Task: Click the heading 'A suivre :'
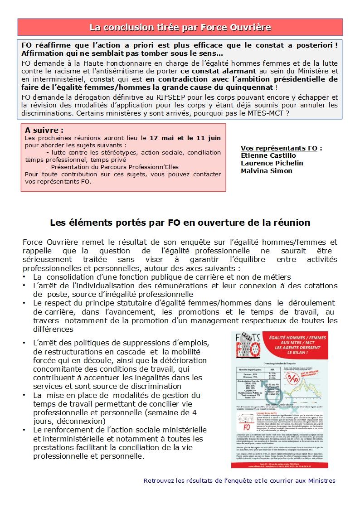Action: [44, 130]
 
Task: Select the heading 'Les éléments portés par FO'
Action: [180, 223]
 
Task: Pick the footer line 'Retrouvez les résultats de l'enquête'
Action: [239, 480]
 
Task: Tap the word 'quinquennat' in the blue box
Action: [247, 87]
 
